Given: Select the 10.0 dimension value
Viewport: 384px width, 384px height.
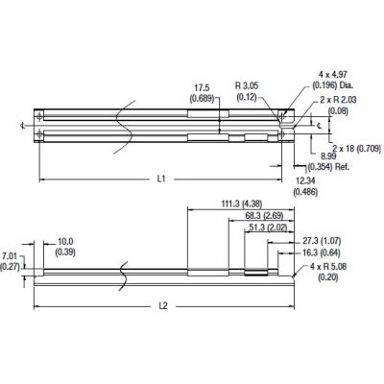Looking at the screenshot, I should tap(66, 241).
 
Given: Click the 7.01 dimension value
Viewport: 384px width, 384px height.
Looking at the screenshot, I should tap(11, 256).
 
